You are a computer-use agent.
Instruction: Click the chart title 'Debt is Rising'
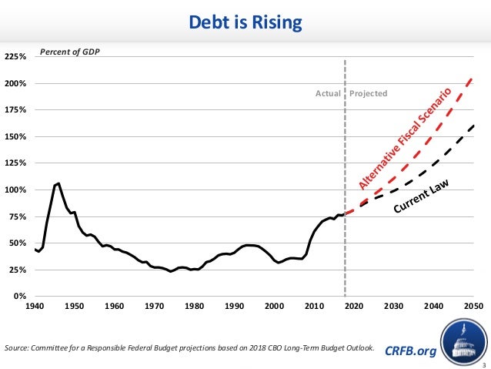click(x=245, y=24)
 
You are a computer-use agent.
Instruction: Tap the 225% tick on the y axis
click(x=16, y=57)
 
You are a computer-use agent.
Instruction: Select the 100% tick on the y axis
click(x=16, y=190)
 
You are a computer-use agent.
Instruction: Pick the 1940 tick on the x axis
click(x=35, y=306)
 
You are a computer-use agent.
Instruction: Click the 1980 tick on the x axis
click(x=195, y=306)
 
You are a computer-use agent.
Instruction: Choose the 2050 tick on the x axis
click(x=473, y=306)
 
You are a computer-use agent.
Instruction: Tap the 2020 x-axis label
click(x=354, y=306)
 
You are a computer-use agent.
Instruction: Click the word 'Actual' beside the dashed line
click(x=328, y=94)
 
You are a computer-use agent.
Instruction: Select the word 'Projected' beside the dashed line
click(x=369, y=94)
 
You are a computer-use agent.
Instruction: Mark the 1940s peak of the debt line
click(x=58, y=183)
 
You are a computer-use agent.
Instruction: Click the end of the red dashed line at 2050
click(x=473, y=79)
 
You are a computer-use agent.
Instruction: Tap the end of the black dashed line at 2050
click(x=473, y=124)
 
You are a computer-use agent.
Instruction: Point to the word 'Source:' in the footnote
click(x=17, y=348)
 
